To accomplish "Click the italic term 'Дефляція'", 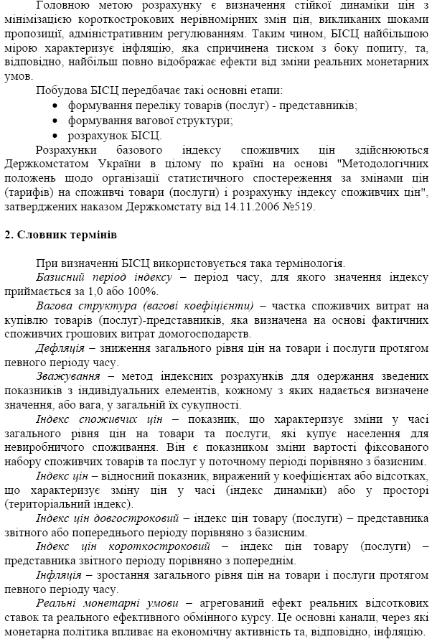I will click(60, 347).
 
